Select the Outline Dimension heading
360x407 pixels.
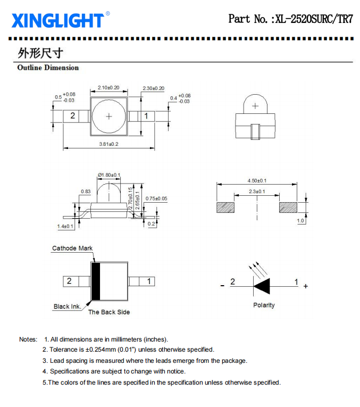click(48, 68)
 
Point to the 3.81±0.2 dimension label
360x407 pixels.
click(109, 144)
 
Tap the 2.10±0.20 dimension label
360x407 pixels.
click(108, 87)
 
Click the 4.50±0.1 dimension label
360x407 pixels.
click(257, 181)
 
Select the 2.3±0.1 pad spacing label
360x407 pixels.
click(257, 192)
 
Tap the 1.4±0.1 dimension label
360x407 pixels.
click(65, 226)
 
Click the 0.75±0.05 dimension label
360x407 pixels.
click(156, 198)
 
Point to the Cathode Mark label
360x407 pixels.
click(72, 248)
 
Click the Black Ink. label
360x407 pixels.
click(68, 306)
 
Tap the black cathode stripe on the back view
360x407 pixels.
click(96, 281)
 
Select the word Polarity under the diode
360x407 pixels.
click(264, 305)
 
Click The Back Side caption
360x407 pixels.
click(109, 312)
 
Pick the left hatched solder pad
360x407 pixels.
click(225, 207)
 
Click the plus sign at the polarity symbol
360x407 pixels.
click(306, 286)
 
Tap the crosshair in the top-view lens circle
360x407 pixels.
click(109, 117)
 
